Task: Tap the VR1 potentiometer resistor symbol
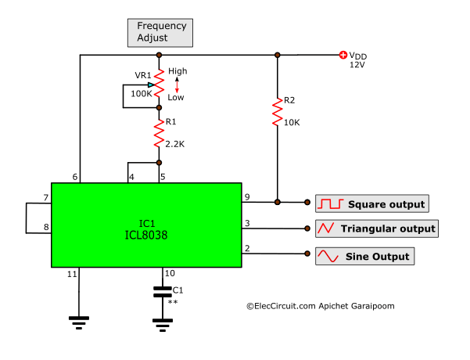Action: [x=159, y=81]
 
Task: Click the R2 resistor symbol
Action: [x=277, y=112]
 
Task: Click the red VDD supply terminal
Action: [x=343, y=55]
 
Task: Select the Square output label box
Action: [x=371, y=204]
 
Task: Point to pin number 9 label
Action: [x=247, y=196]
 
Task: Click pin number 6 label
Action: [x=76, y=177]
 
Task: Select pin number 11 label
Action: [x=73, y=274]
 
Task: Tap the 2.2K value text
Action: [x=175, y=143]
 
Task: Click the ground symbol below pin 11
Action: [x=79, y=320]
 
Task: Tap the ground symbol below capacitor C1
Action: [x=162, y=322]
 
